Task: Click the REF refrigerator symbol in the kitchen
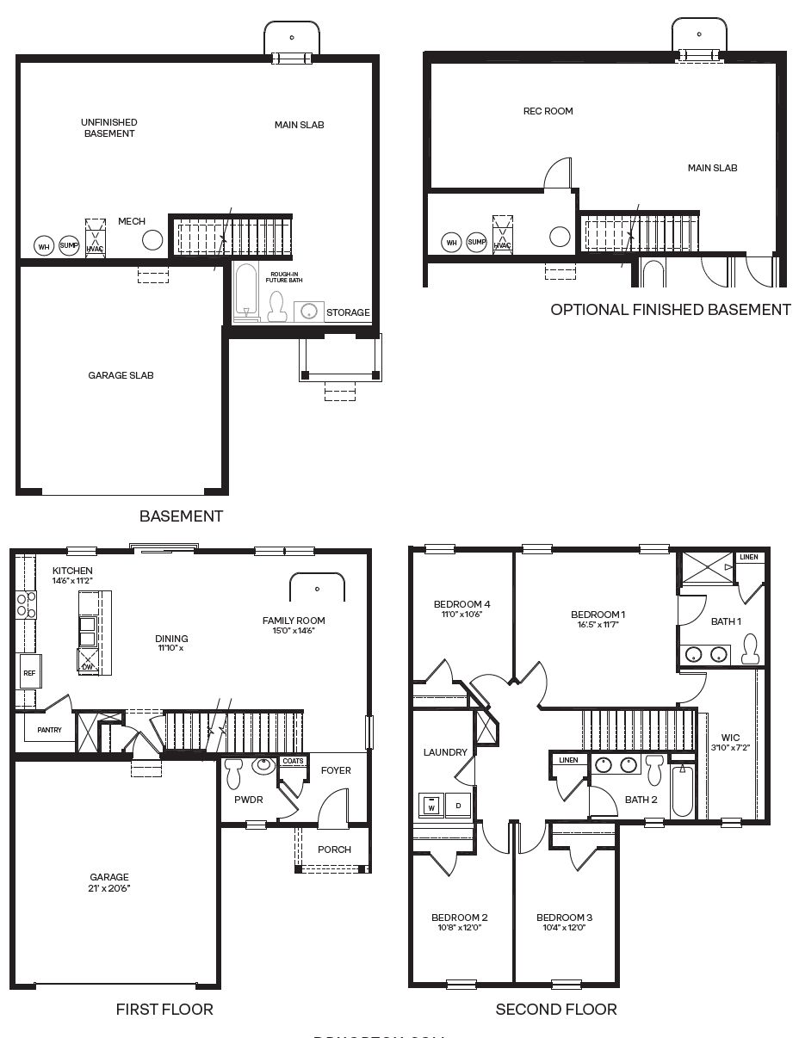coord(28,673)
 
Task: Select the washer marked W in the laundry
coord(430,806)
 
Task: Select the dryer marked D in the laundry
coord(458,806)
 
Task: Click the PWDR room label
coord(248,800)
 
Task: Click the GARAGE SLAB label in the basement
coord(121,375)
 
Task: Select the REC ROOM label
coord(548,111)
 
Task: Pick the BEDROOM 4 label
coord(461,604)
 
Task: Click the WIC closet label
coord(730,738)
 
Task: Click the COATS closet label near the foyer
coord(293,761)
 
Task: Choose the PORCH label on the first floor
coord(334,850)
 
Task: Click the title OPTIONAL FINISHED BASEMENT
coord(670,309)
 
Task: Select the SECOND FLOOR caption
coord(556,1009)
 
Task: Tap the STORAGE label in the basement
coord(348,312)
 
